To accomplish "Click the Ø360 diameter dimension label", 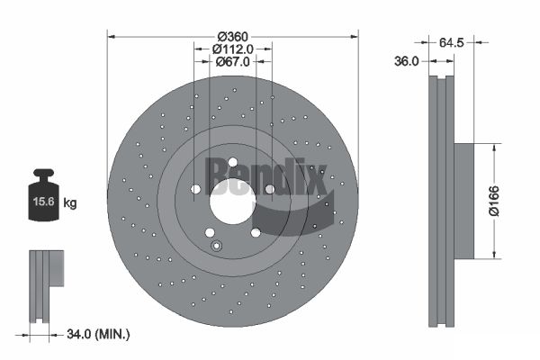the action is [x=233, y=36].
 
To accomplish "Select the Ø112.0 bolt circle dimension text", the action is [x=233, y=49].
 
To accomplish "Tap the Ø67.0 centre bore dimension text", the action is [x=232, y=62].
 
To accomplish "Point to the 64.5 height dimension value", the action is [x=452, y=42].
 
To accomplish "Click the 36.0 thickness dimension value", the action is [x=407, y=61].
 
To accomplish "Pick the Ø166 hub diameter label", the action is [x=494, y=201].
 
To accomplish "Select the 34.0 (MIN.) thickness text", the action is [x=98, y=334].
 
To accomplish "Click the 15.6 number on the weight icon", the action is [x=44, y=202].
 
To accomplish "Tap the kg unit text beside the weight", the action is [x=70, y=202].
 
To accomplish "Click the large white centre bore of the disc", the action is [x=233, y=202].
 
